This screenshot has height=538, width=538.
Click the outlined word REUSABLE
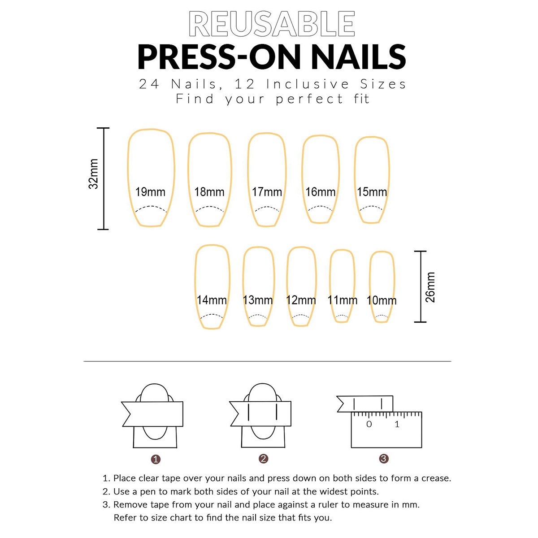[272, 24]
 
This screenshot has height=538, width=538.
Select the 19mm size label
[150, 192]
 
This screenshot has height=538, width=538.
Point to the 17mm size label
[267, 192]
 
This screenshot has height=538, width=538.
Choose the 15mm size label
[372, 192]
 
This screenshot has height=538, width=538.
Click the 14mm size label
[212, 300]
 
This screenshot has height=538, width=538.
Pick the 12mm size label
[301, 300]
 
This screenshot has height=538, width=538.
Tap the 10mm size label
[382, 300]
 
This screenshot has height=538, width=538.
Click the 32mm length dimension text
[93, 174]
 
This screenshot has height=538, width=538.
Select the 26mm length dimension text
[430, 287]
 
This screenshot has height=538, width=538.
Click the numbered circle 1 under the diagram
[156, 459]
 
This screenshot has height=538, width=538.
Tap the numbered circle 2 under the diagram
[264, 459]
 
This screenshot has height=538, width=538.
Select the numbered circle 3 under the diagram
[384, 459]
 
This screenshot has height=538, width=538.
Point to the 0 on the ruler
[369, 424]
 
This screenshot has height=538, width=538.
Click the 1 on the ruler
[397, 424]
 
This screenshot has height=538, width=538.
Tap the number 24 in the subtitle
[149, 84]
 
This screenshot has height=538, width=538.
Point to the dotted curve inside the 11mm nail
[342, 316]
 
